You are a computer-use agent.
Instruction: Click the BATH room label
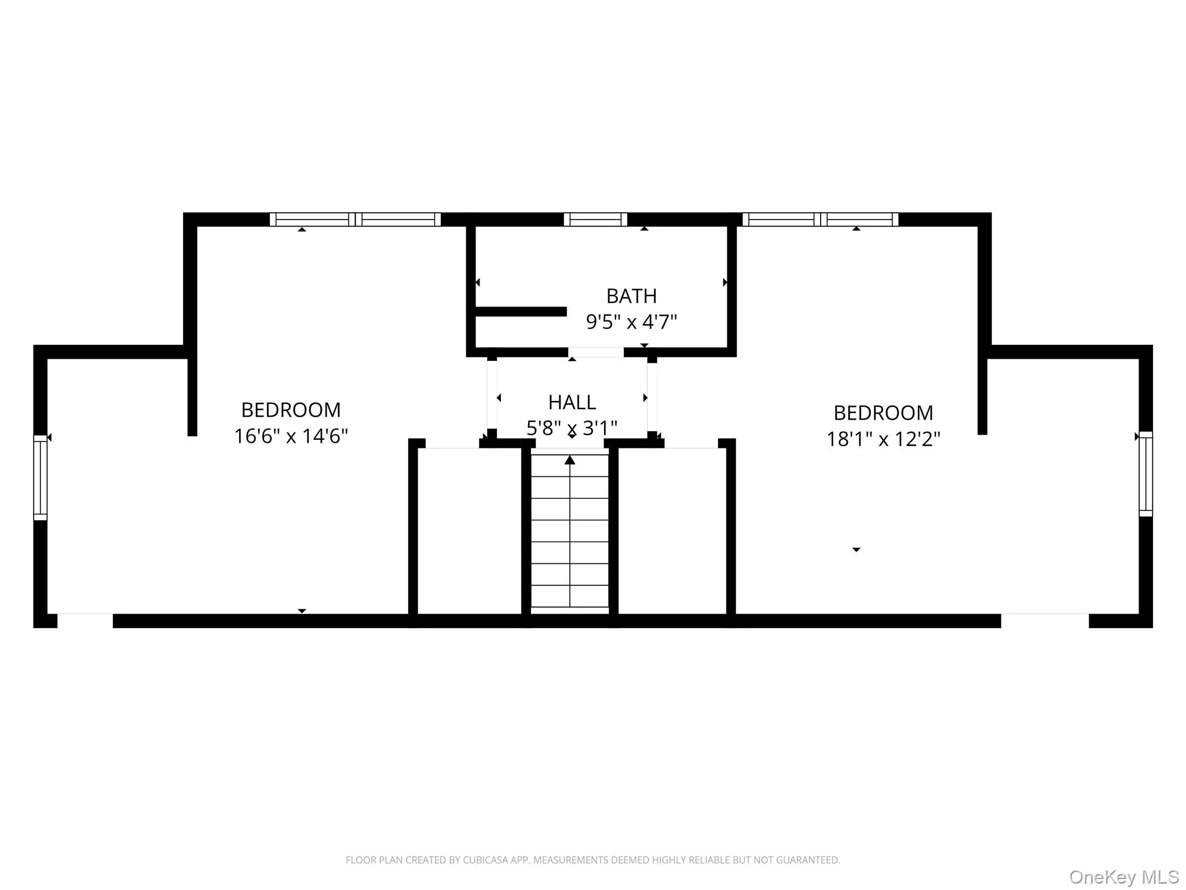click(x=631, y=296)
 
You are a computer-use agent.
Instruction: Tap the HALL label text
click(x=572, y=402)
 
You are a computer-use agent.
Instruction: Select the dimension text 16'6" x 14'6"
click(x=291, y=436)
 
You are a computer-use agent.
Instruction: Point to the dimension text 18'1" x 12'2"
click(x=883, y=439)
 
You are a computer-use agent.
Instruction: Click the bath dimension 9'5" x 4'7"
click(x=631, y=322)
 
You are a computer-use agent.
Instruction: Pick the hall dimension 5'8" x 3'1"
click(x=572, y=428)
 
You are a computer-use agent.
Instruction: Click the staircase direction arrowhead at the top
click(x=570, y=460)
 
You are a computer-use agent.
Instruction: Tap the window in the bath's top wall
click(x=595, y=220)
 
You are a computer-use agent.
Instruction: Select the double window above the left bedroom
click(x=355, y=220)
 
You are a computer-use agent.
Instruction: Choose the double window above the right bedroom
click(x=820, y=220)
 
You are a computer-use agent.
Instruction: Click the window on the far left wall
click(x=40, y=477)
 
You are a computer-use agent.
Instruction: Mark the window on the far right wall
click(x=1145, y=474)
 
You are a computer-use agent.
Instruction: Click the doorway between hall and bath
click(x=595, y=352)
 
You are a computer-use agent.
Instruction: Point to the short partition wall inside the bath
click(x=520, y=312)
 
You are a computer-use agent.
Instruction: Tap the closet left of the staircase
click(x=469, y=530)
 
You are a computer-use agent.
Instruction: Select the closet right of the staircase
click(x=672, y=530)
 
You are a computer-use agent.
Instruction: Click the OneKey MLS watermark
click(x=1123, y=877)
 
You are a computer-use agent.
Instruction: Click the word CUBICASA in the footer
click(x=485, y=860)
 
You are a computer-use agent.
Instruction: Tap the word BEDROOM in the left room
click(x=291, y=410)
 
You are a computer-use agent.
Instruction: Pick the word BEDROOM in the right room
click(x=883, y=413)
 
